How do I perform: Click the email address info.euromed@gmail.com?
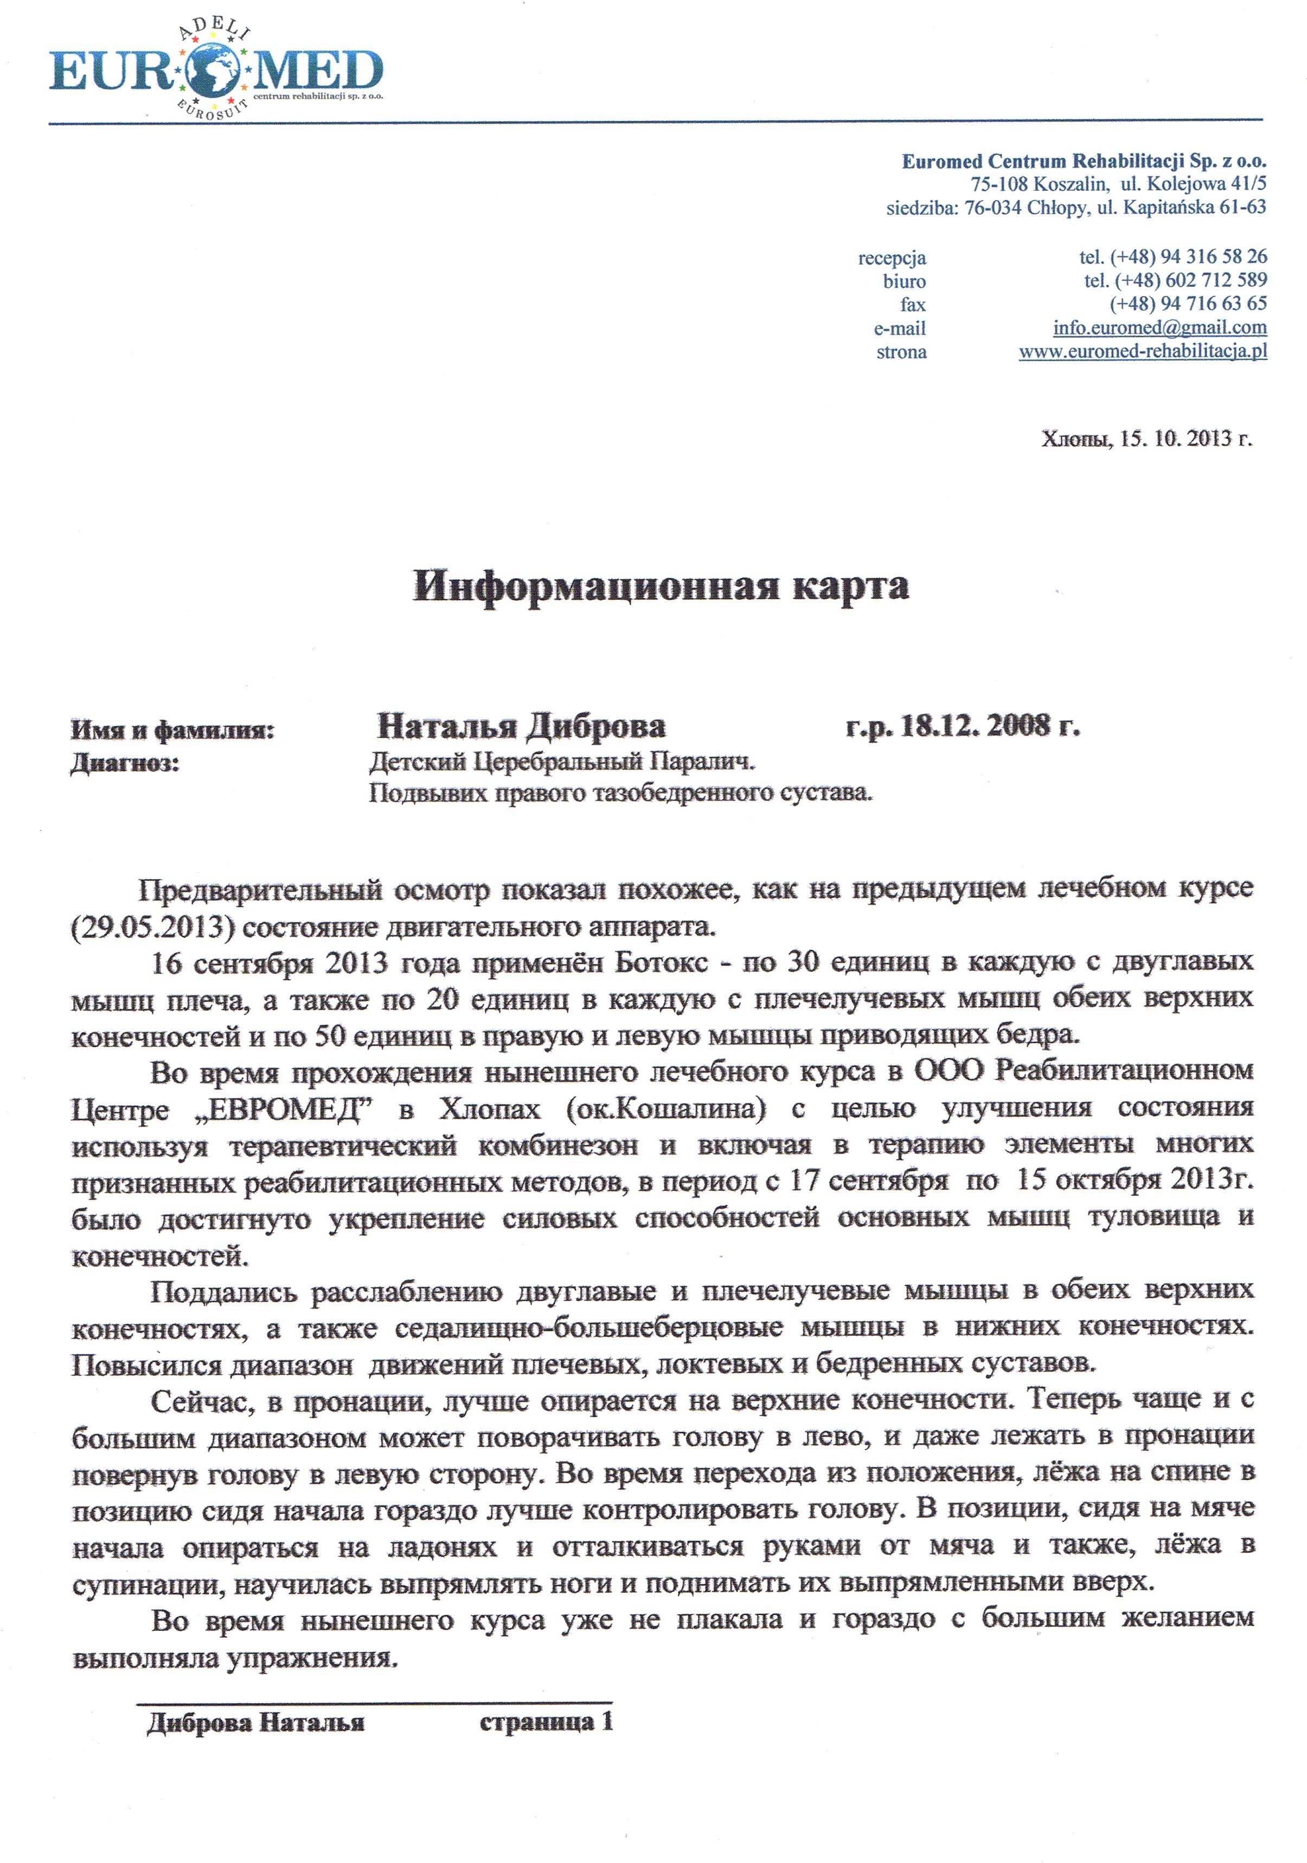tap(1159, 328)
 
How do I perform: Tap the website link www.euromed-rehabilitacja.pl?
tap(1142, 351)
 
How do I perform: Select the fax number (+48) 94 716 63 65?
tap(1188, 304)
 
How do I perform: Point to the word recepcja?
tap(892, 258)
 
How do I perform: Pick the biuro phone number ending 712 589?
tap(1175, 281)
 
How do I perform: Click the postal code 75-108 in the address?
tap(1000, 184)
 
